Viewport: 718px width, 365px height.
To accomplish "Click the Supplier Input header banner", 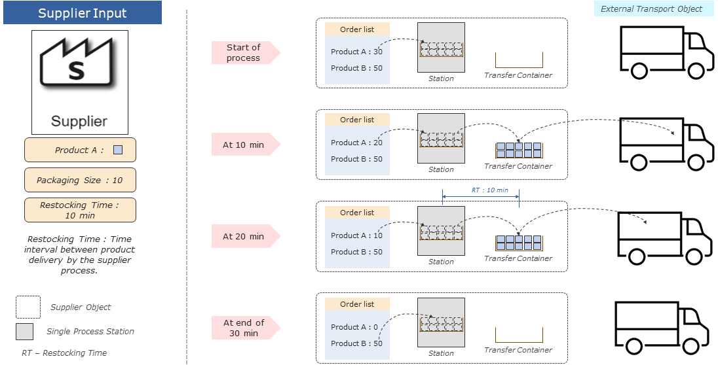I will pyautogui.click(x=83, y=13).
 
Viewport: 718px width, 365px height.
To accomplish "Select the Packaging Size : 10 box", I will pyautogui.click(x=80, y=180).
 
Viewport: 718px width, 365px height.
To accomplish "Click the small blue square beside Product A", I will pyautogui.click(x=118, y=150).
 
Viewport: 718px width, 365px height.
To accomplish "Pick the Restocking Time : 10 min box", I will pyautogui.click(x=80, y=210).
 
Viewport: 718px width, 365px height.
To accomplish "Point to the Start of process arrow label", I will pyautogui.click(x=244, y=53).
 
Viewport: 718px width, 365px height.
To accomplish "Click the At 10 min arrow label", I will pyautogui.click(x=244, y=145).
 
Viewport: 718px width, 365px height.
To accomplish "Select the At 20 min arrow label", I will pyautogui.click(x=244, y=236).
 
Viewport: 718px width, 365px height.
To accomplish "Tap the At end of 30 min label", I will pyautogui.click(x=244, y=328).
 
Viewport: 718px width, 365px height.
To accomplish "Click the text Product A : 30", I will pyautogui.click(x=356, y=52).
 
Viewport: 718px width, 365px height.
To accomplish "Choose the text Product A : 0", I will pyautogui.click(x=354, y=327).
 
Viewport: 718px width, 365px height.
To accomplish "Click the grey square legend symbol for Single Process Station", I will pyautogui.click(x=24, y=332).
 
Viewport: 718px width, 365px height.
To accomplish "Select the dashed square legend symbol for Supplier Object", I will pyautogui.click(x=28, y=307).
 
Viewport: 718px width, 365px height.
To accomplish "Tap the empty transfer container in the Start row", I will pyautogui.click(x=518, y=60).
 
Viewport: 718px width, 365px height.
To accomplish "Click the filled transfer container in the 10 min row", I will pyautogui.click(x=518, y=150).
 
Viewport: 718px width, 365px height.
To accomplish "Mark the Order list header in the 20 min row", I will pyautogui.click(x=357, y=213).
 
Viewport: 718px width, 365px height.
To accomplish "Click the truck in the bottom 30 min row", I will pyautogui.click(x=662, y=328).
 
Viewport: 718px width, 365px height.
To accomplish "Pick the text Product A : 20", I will pyautogui.click(x=356, y=143).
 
